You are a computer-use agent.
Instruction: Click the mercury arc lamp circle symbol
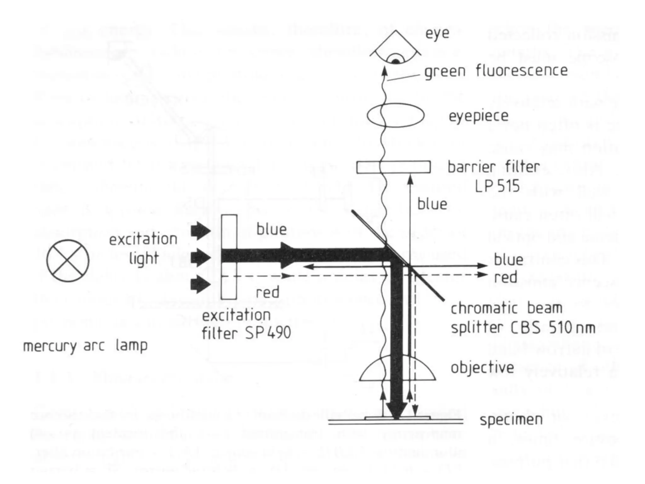click(x=68, y=261)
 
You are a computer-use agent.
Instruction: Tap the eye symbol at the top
click(x=396, y=50)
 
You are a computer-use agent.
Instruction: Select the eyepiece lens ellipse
click(x=396, y=115)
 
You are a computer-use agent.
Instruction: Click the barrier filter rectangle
click(x=393, y=167)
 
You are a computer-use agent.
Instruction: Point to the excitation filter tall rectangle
click(x=229, y=257)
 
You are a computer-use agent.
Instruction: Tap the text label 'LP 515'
click(x=497, y=186)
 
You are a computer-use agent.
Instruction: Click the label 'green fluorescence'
click(x=496, y=71)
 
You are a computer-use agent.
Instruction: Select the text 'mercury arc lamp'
click(x=85, y=346)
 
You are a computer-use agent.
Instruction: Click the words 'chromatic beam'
click(x=506, y=308)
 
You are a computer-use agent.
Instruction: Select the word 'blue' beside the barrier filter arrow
click(x=432, y=204)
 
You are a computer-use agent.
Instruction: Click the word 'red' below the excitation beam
click(x=267, y=292)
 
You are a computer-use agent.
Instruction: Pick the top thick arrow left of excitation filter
click(x=201, y=231)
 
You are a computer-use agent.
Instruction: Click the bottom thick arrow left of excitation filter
click(x=201, y=284)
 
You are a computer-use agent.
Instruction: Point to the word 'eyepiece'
click(x=478, y=116)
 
